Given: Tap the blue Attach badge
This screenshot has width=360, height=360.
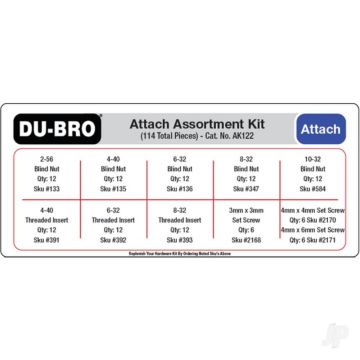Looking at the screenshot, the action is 320,130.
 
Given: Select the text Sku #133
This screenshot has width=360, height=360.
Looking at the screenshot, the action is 47,187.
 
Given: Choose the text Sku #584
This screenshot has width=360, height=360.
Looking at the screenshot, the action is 313,187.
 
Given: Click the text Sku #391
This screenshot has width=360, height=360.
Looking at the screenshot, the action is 47,239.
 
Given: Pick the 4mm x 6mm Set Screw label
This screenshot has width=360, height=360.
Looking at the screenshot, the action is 313,230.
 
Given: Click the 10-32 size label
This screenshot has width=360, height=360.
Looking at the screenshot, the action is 313,158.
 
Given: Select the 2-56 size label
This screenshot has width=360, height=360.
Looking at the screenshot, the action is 47,158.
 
